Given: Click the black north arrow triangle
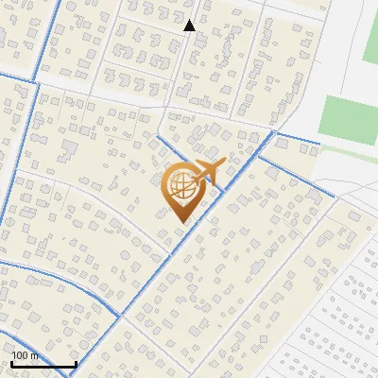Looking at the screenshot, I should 189,26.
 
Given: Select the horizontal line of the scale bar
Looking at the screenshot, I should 43,364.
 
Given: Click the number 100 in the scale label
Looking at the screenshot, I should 21,355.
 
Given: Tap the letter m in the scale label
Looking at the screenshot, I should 35,355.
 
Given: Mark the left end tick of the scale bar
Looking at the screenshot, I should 11,362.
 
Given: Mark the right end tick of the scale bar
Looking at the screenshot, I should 76,362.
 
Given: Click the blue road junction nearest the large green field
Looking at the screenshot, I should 274,133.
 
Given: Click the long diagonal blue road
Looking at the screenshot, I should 170,255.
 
